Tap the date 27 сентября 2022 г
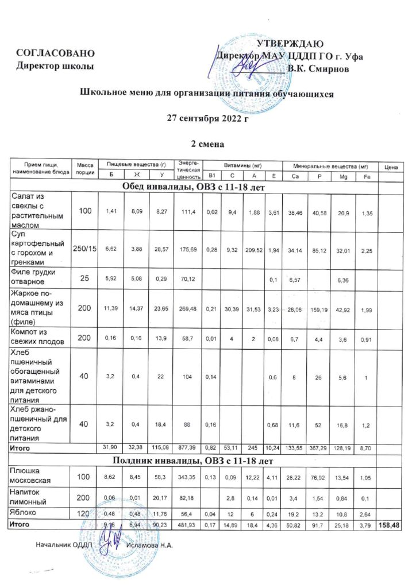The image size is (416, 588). [x=207, y=119]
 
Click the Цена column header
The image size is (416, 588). [x=392, y=167]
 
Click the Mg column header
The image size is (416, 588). [x=343, y=176]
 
